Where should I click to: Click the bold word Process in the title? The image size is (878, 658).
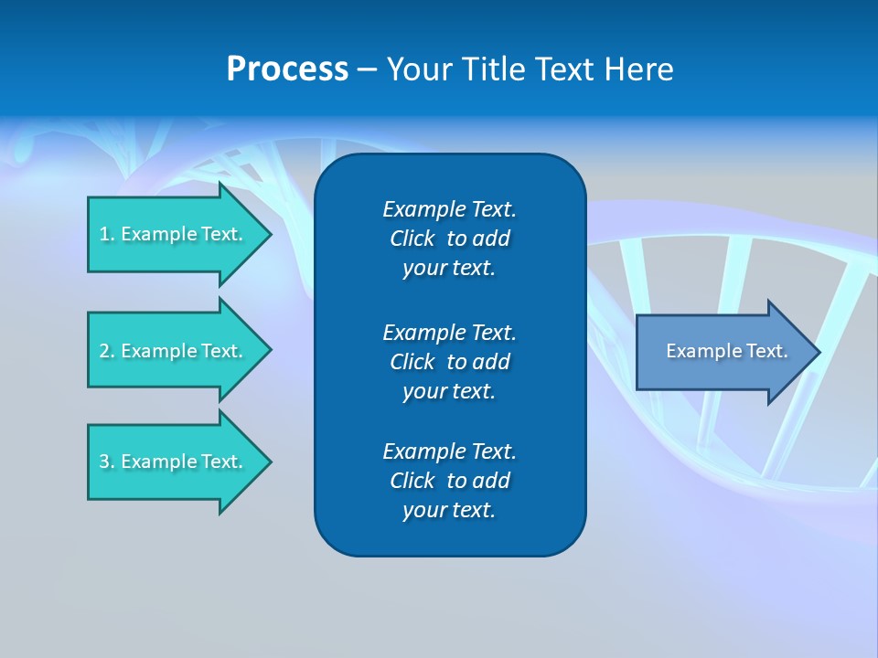287,69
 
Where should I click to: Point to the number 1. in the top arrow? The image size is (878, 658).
107,234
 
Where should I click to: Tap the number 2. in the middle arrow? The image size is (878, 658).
107,351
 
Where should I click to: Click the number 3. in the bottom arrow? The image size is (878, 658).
107,462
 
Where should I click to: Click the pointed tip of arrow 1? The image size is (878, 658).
268,235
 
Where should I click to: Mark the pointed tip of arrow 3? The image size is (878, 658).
268,462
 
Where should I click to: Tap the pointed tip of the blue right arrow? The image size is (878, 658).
818,352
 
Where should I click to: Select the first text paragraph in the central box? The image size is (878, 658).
449,239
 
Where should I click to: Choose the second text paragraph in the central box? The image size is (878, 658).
449,361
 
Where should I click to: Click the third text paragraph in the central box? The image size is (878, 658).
449,481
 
